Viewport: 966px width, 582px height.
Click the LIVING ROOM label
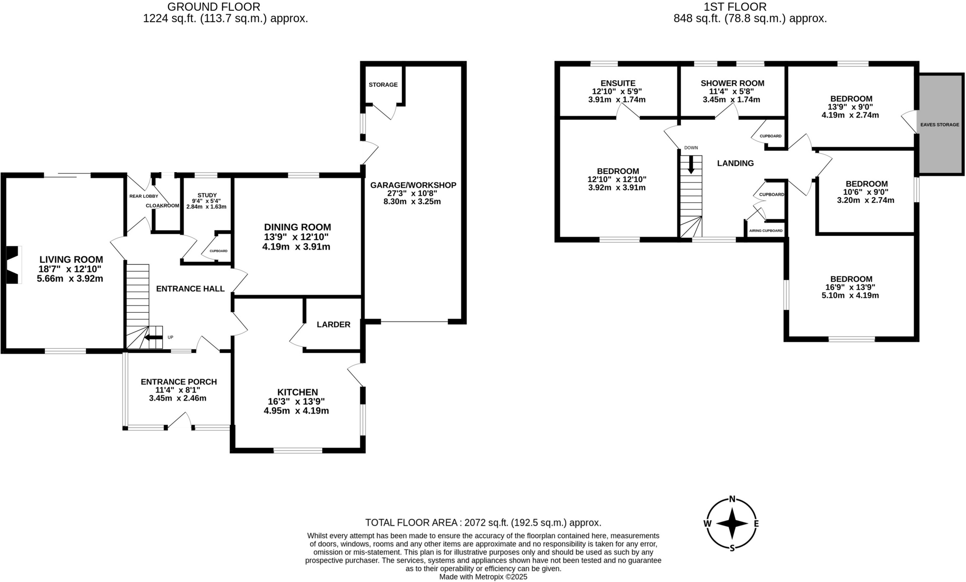(71, 259)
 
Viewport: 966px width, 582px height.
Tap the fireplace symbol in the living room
(13, 265)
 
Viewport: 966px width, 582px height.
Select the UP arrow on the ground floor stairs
(154, 337)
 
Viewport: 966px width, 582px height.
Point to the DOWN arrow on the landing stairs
(691, 165)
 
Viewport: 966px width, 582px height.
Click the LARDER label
(333, 324)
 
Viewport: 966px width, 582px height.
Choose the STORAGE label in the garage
(383, 85)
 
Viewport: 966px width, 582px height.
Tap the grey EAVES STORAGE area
(940, 125)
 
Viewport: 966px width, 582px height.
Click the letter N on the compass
(732, 499)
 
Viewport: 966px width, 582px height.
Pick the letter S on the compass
(732, 548)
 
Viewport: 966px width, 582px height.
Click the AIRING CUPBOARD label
(766, 231)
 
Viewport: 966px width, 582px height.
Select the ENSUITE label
(618, 83)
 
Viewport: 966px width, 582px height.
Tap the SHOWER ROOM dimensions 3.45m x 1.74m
(731, 100)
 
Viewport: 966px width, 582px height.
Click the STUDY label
(207, 195)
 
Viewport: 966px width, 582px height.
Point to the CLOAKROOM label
(162, 206)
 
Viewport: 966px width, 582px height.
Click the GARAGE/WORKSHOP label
(413, 185)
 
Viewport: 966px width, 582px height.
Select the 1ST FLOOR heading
(749, 7)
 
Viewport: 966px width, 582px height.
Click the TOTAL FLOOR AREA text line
(483, 523)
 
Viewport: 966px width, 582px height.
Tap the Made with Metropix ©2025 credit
(483, 576)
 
